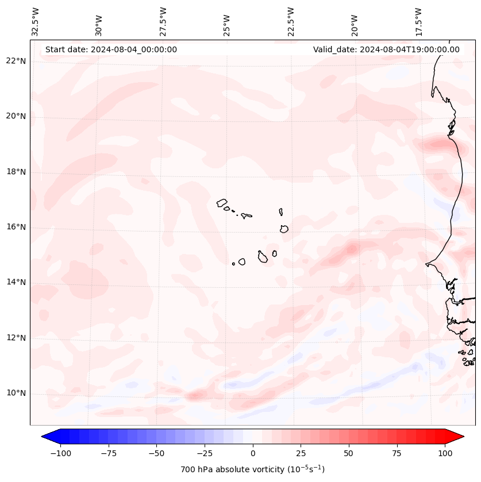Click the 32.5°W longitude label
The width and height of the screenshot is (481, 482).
tap(36, 21)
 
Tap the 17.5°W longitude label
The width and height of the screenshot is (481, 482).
tap(418, 21)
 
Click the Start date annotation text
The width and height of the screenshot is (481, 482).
tap(111, 49)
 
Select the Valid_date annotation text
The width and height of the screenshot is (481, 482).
tap(386, 49)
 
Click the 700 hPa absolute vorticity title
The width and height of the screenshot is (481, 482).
tap(252, 469)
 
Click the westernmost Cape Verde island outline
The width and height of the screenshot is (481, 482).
tap(222, 202)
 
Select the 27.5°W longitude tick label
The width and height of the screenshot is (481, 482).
tap(163, 21)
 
